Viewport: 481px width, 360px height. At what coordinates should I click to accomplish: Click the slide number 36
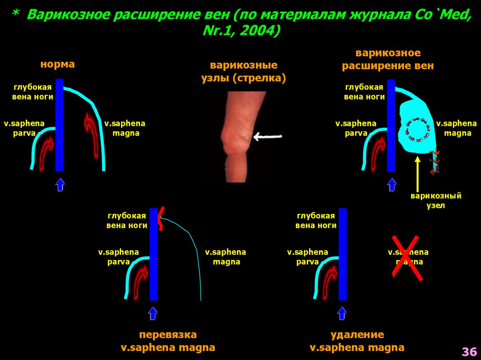point(469,352)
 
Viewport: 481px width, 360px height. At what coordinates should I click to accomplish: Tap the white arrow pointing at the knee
point(267,137)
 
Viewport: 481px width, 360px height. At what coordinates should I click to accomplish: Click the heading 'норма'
point(57,64)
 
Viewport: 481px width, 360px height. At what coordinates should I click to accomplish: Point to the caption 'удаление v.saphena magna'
point(357,341)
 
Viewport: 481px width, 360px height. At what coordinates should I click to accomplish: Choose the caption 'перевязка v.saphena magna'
point(168,341)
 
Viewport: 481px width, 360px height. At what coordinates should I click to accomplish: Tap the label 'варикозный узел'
point(436,200)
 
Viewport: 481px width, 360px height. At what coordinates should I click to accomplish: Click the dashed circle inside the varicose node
point(416,129)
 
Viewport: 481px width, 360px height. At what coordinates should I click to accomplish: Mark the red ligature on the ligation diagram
point(161,219)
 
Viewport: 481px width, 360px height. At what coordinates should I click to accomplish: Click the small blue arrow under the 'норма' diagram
point(60,184)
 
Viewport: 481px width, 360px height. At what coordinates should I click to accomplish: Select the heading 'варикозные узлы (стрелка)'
point(243,71)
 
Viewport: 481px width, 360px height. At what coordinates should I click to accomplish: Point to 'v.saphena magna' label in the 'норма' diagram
point(124,128)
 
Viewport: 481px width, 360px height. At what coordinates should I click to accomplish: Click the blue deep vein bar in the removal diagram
point(342,253)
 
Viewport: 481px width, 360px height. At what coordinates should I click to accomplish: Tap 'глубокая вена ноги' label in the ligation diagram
point(127,220)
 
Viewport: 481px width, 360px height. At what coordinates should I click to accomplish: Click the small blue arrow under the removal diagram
point(342,313)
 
